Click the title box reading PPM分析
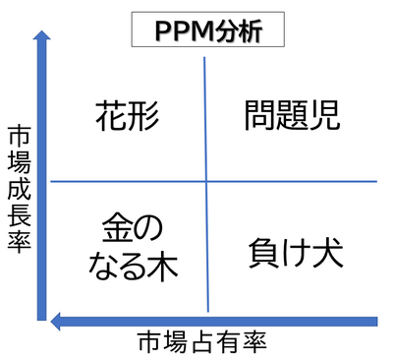click(207, 30)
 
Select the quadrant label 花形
click(129, 116)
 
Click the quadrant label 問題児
click(292, 116)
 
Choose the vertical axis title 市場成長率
click(17, 188)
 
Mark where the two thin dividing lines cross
click(206, 181)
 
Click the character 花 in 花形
click(112, 116)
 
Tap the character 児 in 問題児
click(324, 116)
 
